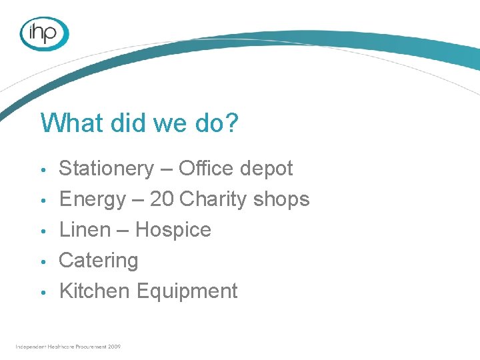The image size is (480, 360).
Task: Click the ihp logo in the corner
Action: (45, 33)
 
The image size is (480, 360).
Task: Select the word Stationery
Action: (106, 169)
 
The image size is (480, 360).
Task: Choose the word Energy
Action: (92, 199)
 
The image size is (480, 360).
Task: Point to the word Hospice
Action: (173, 230)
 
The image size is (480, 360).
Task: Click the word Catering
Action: (99, 261)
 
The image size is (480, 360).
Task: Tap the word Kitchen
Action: (95, 291)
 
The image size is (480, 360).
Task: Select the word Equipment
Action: (187, 291)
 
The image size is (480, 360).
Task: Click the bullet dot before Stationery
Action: (43, 170)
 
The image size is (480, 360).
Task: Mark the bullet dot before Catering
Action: (43, 261)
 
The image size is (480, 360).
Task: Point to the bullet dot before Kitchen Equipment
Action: (43, 292)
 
